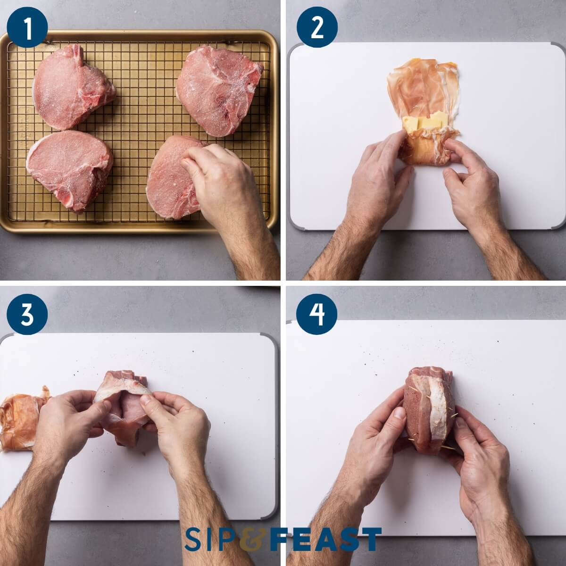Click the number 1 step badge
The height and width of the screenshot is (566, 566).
point(27,27)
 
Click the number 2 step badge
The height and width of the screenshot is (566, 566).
point(317,27)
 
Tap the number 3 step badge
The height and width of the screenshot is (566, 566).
point(27,315)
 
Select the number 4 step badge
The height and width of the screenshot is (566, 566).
point(317,315)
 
